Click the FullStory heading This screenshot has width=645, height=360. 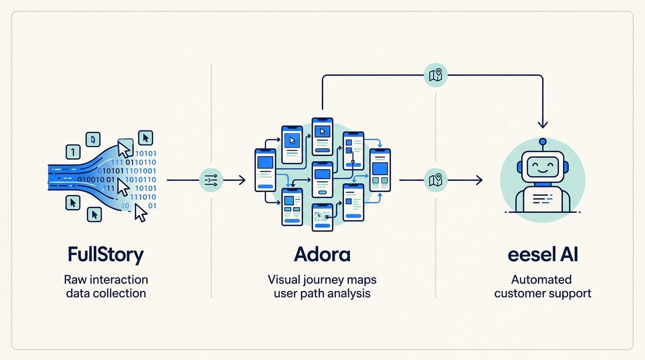point(105,255)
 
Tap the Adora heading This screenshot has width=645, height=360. point(322,255)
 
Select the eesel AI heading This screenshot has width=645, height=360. point(543,255)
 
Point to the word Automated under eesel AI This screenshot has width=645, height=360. point(541,280)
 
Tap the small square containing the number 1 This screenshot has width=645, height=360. point(73,152)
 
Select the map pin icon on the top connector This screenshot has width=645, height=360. point(435,75)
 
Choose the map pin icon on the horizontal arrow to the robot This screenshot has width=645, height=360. point(435,180)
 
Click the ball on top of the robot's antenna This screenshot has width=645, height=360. point(543,141)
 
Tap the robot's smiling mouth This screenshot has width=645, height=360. point(543,171)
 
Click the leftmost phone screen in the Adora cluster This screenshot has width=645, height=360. point(265,170)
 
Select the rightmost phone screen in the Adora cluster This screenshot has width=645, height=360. point(380,170)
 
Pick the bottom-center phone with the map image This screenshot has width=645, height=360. point(322,217)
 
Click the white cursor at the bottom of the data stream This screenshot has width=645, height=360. point(141,213)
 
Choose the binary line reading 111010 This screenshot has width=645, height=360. point(142,197)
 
